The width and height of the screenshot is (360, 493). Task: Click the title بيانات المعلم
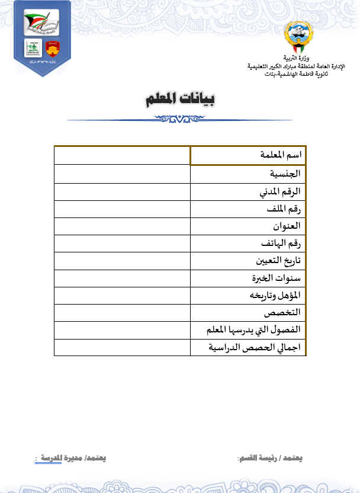(180, 99)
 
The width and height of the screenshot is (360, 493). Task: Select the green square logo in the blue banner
(33, 49)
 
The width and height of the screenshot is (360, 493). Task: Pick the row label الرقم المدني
(281, 191)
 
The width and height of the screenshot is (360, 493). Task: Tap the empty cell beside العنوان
(122, 226)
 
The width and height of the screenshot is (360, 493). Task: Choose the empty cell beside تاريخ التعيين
(122, 261)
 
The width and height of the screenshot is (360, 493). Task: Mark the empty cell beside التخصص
(122, 312)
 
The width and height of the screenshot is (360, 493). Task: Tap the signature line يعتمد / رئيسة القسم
(270, 459)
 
